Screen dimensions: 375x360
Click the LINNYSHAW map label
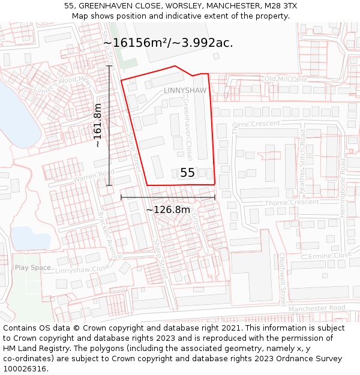pyautogui.click(x=185, y=91)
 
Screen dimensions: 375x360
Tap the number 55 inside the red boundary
pyautogui.click(x=187, y=173)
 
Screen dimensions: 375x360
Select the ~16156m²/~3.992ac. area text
pyautogui.click(x=168, y=43)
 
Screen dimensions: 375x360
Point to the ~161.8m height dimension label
pyautogui.click(x=97, y=125)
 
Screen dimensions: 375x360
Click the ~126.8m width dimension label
pyautogui.click(x=168, y=209)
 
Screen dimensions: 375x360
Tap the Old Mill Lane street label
pyautogui.click(x=285, y=79)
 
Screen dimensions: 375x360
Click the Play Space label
pyautogui.click(x=32, y=268)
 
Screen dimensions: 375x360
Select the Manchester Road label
pyautogui.click(x=317, y=308)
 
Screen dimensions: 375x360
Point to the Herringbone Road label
pyautogui.click(x=343, y=184)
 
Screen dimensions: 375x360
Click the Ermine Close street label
pyautogui.click(x=329, y=256)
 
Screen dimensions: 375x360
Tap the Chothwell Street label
pyautogui.click(x=282, y=279)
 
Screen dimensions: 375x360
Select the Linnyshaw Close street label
pyautogui.click(x=83, y=269)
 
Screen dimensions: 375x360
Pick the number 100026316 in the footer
pyautogui.click(x=25, y=369)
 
